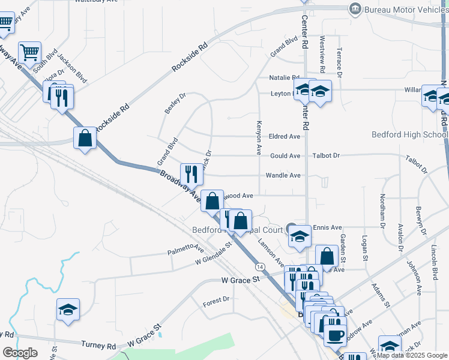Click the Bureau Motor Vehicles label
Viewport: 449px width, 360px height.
click(x=408, y=9)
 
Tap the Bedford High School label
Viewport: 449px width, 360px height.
click(x=409, y=134)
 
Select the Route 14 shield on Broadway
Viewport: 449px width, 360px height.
click(x=259, y=266)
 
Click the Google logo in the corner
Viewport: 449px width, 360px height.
click(x=20, y=353)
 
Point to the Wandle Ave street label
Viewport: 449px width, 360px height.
click(x=284, y=175)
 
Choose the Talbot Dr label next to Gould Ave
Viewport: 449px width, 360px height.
click(x=326, y=156)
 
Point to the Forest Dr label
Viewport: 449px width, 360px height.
click(x=216, y=299)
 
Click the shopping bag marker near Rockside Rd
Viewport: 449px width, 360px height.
click(x=85, y=138)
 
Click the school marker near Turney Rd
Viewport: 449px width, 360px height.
click(x=68, y=310)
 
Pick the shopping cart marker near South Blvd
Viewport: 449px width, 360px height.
click(x=29, y=52)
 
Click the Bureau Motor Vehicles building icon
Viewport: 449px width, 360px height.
click(x=355, y=9)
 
